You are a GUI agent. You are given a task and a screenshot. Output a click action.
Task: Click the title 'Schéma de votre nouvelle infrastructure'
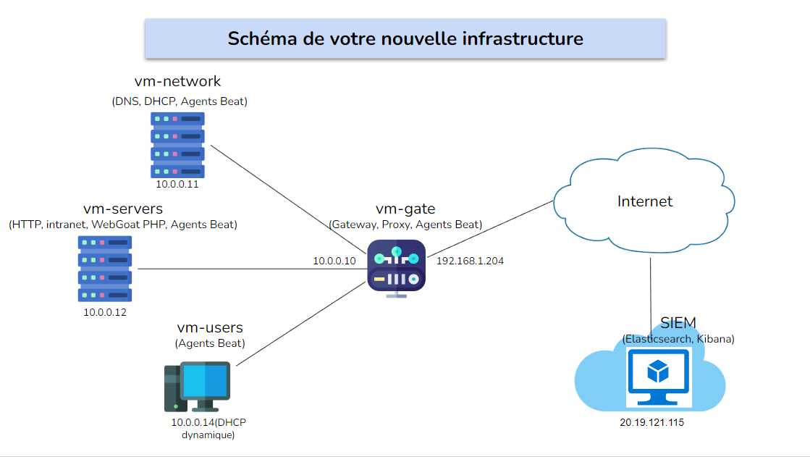tap(405, 38)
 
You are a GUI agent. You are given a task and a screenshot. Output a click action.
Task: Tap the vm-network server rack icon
tap(177, 144)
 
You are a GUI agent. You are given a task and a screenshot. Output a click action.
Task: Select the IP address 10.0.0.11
tap(177, 185)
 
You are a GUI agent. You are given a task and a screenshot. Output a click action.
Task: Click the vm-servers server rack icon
tap(105, 269)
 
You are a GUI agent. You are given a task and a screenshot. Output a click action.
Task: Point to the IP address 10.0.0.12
tap(105, 312)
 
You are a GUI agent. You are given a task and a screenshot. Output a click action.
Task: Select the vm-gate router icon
tap(396, 267)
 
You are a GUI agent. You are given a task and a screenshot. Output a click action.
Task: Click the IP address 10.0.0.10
tap(334, 261)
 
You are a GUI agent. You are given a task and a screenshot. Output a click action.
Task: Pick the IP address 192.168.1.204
tap(470, 261)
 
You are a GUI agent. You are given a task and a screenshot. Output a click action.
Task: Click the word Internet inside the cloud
tap(645, 201)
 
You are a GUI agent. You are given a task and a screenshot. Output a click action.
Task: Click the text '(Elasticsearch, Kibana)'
tap(678, 339)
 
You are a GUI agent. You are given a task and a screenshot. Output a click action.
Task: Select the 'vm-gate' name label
tap(405, 209)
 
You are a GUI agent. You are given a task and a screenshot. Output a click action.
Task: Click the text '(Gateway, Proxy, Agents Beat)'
tap(405, 225)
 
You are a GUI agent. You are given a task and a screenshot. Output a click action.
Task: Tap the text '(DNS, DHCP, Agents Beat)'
tap(180, 101)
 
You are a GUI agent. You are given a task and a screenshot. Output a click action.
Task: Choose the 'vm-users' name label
tap(210, 328)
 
